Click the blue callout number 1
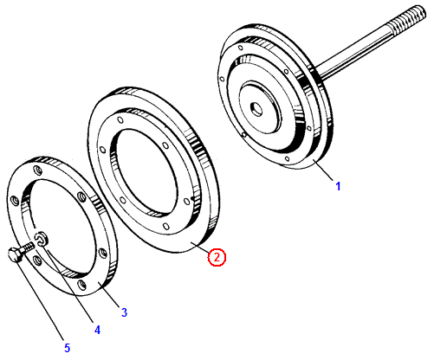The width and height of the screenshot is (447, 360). point(338,186)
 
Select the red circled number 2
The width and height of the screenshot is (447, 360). point(217,257)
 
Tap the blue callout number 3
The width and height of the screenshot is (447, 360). point(124,312)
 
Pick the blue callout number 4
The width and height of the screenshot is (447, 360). point(97,330)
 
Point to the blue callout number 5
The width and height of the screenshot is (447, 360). point(67,348)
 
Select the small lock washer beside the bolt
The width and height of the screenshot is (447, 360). point(42,238)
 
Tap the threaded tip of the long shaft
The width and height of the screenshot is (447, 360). point(409,18)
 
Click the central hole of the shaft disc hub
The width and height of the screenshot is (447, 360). point(256,109)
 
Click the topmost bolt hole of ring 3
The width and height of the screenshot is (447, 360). point(37,170)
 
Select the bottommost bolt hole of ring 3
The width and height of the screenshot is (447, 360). point(82,285)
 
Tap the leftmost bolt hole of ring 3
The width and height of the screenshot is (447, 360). point(14,200)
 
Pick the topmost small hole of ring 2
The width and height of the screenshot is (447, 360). point(120,119)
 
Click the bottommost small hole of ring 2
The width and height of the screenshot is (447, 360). point(165,226)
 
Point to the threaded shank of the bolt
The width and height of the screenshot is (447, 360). point(28,247)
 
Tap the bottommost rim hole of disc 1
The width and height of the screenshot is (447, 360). point(287,158)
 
